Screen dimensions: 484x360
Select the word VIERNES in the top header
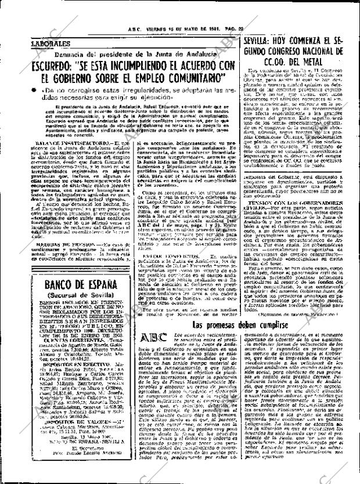pyautogui.click(x=157, y=31)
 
